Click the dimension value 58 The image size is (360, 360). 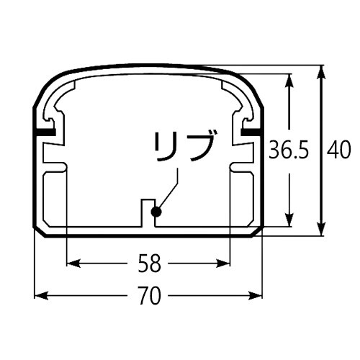148,263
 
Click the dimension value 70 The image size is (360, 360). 148,295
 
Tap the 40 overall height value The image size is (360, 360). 338,150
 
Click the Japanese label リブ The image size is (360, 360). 184,148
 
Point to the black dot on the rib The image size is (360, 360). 156,212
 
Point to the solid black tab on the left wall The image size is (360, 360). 45,133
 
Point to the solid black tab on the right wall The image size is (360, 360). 250,133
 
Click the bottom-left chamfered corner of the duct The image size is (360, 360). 40,230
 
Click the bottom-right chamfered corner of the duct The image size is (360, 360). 256,230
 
